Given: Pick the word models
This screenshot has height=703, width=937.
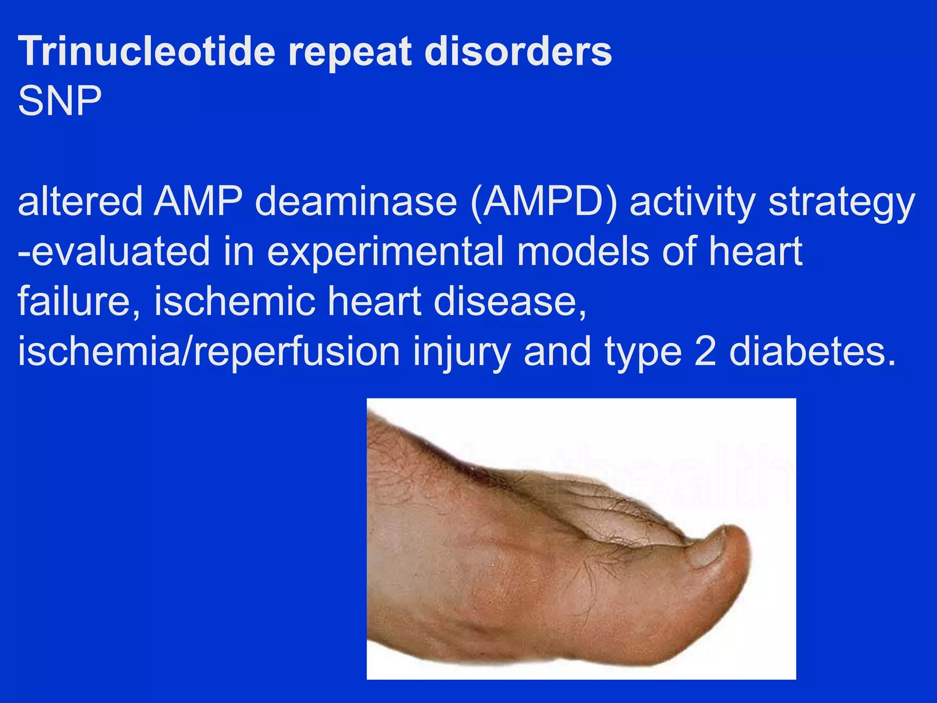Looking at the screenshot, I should click(x=583, y=252).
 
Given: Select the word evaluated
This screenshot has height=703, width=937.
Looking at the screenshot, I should click(x=114, y=252).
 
